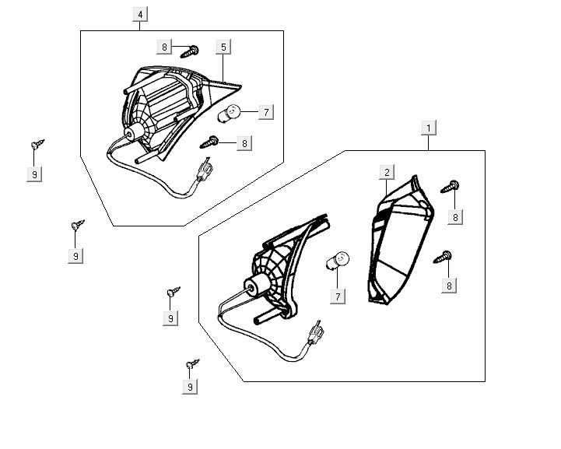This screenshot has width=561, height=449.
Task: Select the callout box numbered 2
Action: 386,172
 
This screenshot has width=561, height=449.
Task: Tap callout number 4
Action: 141,15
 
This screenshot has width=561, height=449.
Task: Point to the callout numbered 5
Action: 223,47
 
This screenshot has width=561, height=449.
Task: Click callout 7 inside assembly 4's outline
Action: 265,113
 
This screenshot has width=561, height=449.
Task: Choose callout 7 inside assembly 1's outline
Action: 338,296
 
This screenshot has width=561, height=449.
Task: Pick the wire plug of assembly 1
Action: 317,335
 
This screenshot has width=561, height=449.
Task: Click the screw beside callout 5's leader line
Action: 191,51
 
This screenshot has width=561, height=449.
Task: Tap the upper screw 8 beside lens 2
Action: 451,186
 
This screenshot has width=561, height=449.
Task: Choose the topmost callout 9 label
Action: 34,174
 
